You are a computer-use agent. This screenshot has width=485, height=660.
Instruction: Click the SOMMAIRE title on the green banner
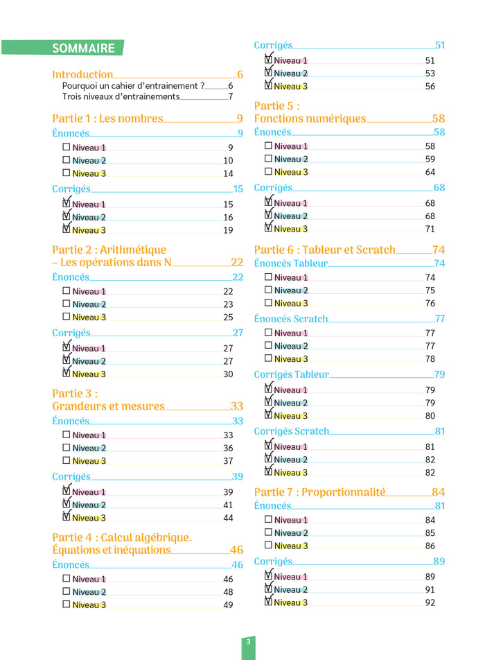point(83,49)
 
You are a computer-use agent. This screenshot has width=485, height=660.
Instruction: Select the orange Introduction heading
point(82,74)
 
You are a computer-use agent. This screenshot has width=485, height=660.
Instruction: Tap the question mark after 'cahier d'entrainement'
point(202,85)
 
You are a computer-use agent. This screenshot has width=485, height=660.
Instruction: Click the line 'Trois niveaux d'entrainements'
point(121,96)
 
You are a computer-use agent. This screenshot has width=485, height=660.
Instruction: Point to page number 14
point(228,173)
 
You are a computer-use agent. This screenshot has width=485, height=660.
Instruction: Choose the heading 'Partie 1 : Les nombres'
point(107,119)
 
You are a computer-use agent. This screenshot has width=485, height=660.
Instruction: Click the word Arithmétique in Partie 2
point(133,250)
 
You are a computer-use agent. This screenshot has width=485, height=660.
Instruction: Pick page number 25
point(228,317)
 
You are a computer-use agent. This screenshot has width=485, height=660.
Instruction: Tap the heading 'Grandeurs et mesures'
point(109,406)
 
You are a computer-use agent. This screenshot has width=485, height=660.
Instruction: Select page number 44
point(228,518)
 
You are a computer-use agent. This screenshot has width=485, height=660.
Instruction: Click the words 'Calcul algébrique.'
point(146,537)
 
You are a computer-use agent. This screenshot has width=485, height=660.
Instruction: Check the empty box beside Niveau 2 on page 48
point(66,591)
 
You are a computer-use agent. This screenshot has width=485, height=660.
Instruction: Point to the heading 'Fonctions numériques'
point(310,119)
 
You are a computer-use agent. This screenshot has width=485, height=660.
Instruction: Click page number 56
point(430,86)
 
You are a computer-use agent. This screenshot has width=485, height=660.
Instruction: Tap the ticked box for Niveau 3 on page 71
point(268,227)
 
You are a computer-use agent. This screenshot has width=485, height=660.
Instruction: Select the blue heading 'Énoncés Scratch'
point(291,319)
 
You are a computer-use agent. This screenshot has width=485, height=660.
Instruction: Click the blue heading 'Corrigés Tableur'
point(292,374)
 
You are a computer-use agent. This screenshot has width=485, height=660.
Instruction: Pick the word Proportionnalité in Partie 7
point(343,492)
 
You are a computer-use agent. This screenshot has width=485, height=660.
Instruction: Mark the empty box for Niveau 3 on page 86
point(268,545)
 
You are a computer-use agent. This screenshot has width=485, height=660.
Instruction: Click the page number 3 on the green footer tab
point(248,641)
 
